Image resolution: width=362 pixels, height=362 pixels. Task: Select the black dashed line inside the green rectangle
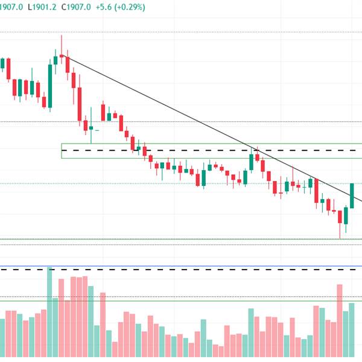(211, 150)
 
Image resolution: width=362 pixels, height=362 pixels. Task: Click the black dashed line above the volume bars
(181, 270)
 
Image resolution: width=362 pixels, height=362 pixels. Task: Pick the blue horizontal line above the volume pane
(181, 266)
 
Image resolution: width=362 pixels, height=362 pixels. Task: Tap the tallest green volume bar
(49, 314)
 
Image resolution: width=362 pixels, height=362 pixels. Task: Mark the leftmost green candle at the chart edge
(2, 63)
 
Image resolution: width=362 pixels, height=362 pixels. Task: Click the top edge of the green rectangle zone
(211, 144)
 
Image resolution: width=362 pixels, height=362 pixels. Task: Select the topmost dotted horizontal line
(181, 32)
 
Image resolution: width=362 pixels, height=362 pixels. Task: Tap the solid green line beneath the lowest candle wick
(181, 240)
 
